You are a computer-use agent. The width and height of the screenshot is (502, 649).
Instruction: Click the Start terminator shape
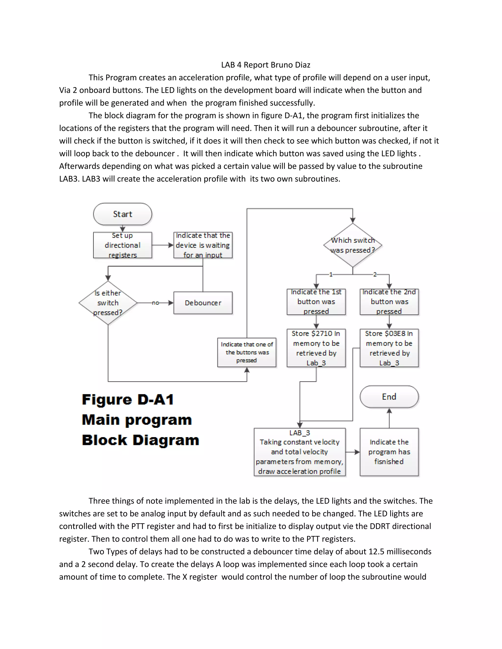pos(123,214)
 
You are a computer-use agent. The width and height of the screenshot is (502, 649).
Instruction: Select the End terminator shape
pos(389,397)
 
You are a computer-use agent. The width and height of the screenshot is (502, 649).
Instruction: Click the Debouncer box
pos(203,303)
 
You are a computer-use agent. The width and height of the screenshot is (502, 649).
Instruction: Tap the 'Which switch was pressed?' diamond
pos(353,245)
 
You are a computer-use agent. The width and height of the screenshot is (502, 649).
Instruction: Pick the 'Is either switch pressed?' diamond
pos(108,303)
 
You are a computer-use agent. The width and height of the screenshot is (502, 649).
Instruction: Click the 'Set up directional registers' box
pos(123,245)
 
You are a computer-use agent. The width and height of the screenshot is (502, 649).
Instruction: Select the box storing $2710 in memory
pos(316,348)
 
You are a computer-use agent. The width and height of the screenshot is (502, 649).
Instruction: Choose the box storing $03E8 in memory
pos(389,348)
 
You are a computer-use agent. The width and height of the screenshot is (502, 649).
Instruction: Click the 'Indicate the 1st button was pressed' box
pos(316,302)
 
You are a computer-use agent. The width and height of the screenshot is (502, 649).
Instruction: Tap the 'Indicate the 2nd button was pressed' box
pos(389,302)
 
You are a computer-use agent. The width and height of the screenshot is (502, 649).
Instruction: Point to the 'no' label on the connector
pos(155,303)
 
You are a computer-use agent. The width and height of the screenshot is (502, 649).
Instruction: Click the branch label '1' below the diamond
pos(331,274)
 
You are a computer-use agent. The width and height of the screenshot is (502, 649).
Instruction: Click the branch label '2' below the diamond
pos(375,274)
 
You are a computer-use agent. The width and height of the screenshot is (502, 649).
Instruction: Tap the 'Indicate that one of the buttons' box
pos(247,352)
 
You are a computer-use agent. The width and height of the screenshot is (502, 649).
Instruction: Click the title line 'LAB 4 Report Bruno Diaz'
pos(265,65)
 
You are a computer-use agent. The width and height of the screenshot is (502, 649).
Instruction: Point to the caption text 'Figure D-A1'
pos(128,400)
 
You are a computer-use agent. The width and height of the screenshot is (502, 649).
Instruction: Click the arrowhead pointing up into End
pos(389,411)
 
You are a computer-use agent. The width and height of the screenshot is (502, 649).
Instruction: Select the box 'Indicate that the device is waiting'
pos(203,245)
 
